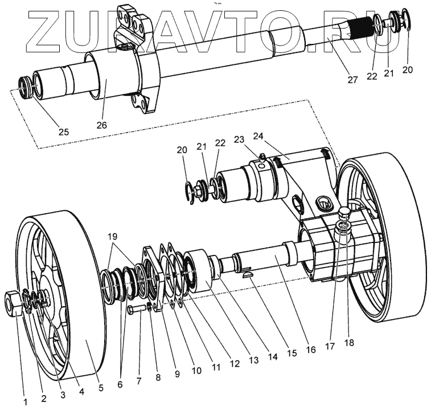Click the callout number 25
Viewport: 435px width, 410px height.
(x=63, y=132)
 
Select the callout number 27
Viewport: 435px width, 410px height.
(x=352, y=80)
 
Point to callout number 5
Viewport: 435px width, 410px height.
(x=101, y=388)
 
